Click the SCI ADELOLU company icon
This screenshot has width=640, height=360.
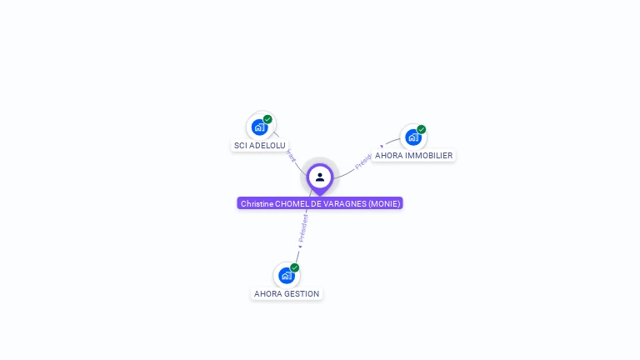click(x=260, y=127)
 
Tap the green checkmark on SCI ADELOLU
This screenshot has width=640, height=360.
click(x=267, y=119)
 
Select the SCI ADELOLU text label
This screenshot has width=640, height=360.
click(x=259, y=145)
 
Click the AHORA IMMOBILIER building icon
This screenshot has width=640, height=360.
click(x=413, y=137)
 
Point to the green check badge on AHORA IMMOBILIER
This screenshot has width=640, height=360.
click(x=422, y=129)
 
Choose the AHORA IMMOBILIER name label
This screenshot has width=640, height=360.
click(x=413, y=155)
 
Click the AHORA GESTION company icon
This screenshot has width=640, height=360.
click(x=287, y=275)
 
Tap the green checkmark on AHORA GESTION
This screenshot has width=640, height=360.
click(x=294, y=267)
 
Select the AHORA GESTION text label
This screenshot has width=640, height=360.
click(x=287, y=293)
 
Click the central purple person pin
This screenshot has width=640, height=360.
click(x=320, y=177)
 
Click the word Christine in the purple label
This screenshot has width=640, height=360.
click(x=257, y=203)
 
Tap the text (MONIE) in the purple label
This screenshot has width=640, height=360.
click(x=384, y=203)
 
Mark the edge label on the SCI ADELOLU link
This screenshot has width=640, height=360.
click(x=290, y=154)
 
